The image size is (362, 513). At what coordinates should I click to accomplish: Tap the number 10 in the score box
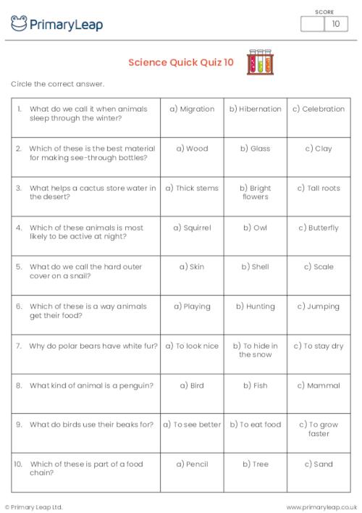(335, 24)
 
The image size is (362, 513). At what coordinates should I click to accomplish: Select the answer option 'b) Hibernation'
(255, 109)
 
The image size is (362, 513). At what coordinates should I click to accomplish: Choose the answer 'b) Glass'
(255, 149)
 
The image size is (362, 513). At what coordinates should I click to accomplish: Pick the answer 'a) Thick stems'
(192, 188)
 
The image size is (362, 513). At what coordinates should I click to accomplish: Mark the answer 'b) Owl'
(255, 228)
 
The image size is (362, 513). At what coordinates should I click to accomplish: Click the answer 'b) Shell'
(255, 267)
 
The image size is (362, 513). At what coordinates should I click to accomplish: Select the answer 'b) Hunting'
(255, 306)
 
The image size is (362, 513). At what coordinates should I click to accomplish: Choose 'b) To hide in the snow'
(255, 350)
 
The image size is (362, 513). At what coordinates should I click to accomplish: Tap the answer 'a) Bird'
(192, 385)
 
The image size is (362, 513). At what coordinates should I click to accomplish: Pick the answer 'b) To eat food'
(255, 425)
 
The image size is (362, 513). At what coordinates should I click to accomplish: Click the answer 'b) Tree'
(255, 464)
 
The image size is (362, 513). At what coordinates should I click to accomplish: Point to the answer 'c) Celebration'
(319, 109)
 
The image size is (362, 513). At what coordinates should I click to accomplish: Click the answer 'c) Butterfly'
(319, 228)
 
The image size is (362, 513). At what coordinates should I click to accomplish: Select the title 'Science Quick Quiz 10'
(181, 62)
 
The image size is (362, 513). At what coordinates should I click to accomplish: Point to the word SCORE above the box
(324, 11)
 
